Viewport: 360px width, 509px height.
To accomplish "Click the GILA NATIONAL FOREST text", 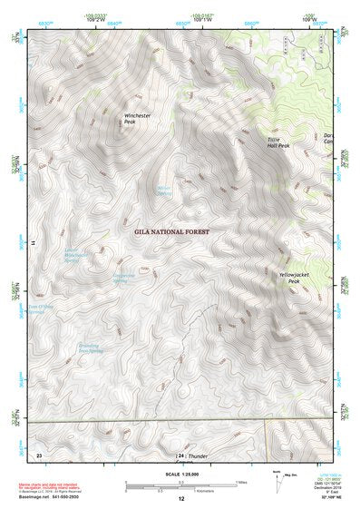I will (x=171, y=232).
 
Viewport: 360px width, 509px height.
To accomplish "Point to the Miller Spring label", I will (x=164, y=191).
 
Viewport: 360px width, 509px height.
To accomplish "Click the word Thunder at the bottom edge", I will (x=199, y=455).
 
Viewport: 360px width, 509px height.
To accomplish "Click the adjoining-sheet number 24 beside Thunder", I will (x=180, y=455).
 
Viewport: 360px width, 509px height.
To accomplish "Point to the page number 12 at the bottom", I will (x=180, y=499).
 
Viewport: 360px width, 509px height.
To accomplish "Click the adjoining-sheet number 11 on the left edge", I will (x=33, y=242).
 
